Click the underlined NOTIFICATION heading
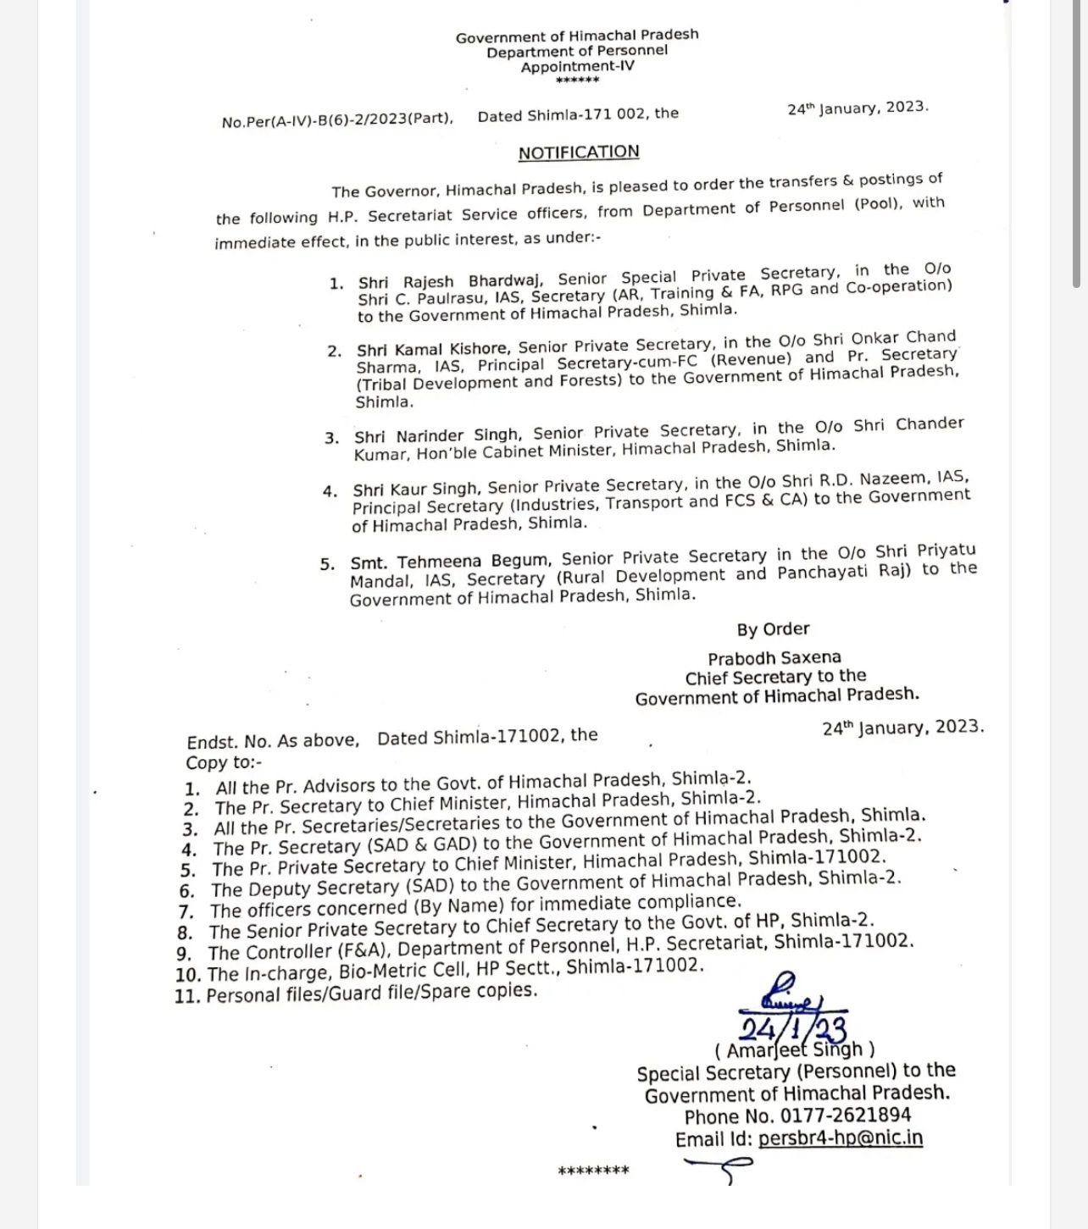pyautogui.click(x=579, y=152)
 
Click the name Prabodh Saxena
pyautogui.click(x=774, y=657)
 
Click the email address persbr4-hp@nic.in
pyautogui.click(x=841, y=1138)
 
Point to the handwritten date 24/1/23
pyautogui.click(x=792, y=1028)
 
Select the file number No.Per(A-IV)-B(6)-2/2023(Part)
pyautogui.click(x=337, y=120)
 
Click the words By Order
pyautogui.click(x=773, y=628)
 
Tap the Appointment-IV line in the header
pyautogui.click(x=577, y=66)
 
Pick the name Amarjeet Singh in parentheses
pyautogui.click(x=794, y=1050)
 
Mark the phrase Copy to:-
pyautogui.click(x=224, y=761)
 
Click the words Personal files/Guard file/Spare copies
pyautogui.click(x=372, y=992)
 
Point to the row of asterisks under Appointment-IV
pyautogui.click(x=577, y=80)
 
